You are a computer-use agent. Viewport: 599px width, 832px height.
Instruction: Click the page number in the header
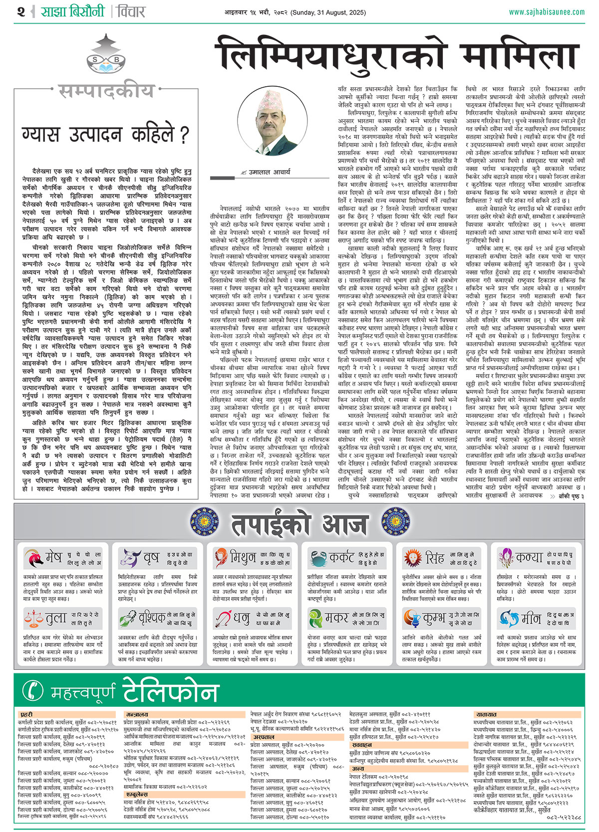point(20,11)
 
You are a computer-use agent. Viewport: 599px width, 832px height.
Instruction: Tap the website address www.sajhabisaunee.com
point(547,12)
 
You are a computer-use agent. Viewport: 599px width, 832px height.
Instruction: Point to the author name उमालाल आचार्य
point(270,172)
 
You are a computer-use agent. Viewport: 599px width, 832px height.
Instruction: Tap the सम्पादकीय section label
point(106,91)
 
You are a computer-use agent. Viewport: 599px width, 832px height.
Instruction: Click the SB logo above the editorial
point(105,55)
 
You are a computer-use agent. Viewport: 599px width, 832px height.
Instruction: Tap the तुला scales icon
point(33,619)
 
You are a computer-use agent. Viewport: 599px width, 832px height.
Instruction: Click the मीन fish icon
point(509,619)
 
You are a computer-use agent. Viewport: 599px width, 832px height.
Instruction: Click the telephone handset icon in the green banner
point(33,690)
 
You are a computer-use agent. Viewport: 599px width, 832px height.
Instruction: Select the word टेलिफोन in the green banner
point(170,691)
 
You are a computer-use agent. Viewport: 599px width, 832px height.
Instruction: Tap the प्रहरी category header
point(26,714)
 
